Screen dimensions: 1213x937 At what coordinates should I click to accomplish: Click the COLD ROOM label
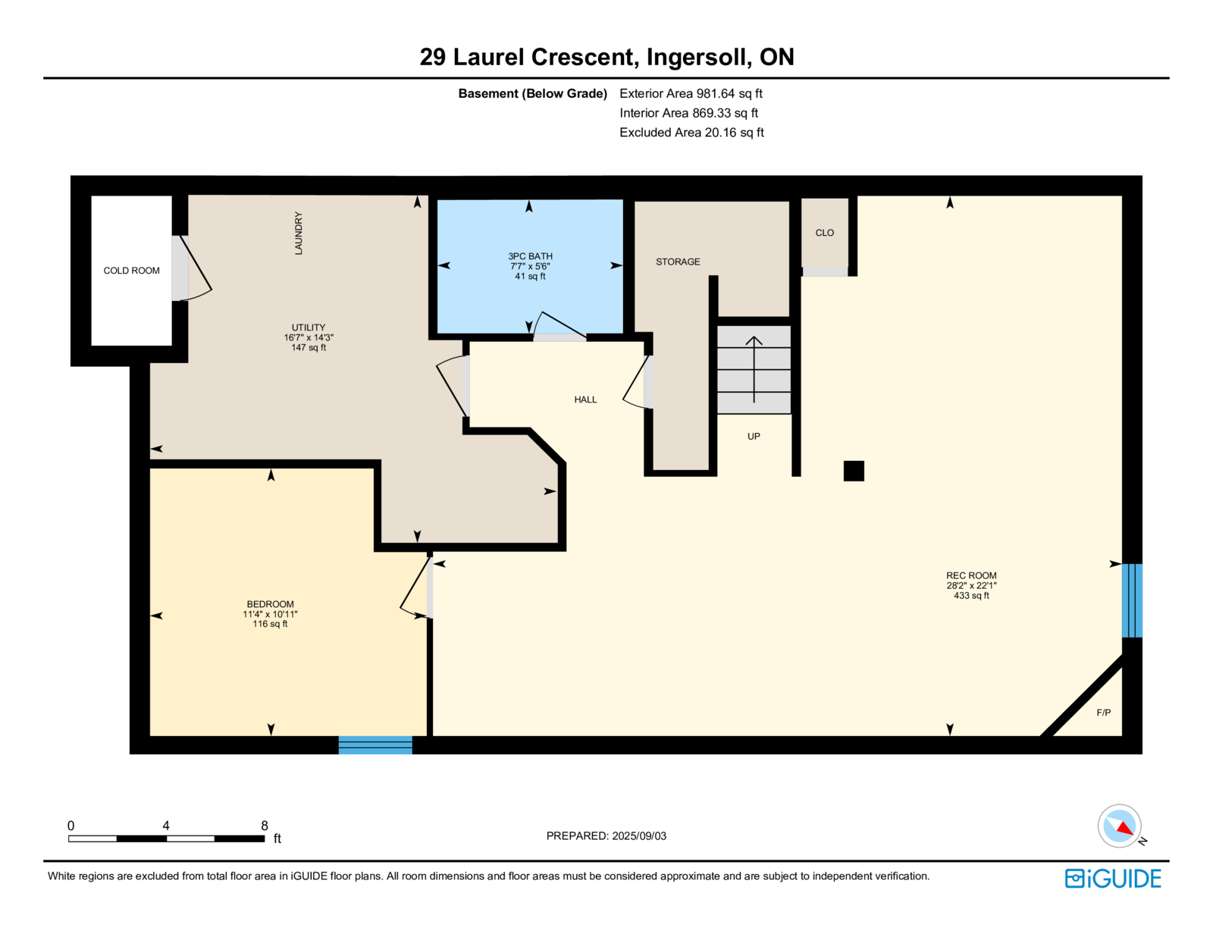(131, 271)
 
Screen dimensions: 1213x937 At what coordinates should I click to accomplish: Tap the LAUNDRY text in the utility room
(299, 233)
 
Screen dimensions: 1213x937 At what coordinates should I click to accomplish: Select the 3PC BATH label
(530, 256)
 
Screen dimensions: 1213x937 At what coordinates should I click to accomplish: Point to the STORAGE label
(678, 262)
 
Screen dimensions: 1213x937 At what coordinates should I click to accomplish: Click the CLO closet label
(824, 233)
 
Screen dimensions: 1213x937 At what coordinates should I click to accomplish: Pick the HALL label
(585, 400)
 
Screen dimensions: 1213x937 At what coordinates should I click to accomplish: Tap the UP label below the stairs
(754, 437)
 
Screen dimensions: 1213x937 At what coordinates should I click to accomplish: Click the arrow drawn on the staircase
(754, 369)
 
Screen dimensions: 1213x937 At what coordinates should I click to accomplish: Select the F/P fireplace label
(1103, 713)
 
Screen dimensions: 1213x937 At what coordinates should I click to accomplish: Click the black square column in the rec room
(854, 471)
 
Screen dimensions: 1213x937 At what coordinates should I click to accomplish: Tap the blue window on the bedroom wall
(375, 745)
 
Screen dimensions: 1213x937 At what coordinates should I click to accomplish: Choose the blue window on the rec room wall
(1131, 600)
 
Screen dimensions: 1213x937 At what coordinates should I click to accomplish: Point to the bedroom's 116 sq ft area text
(270, 624)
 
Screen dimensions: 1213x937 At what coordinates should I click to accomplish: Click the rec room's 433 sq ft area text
(971, 596)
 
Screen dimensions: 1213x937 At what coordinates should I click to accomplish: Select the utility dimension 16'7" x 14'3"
(309, 337)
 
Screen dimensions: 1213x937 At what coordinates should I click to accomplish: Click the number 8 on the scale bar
(265, 826)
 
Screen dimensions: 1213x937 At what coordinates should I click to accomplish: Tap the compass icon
(1120, 826)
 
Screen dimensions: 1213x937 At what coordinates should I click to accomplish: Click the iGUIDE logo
(1113, 879)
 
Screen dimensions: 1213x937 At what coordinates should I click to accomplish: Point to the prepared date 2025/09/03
(639, 836)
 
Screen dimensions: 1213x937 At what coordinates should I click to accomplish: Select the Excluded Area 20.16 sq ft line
(691, 133)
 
